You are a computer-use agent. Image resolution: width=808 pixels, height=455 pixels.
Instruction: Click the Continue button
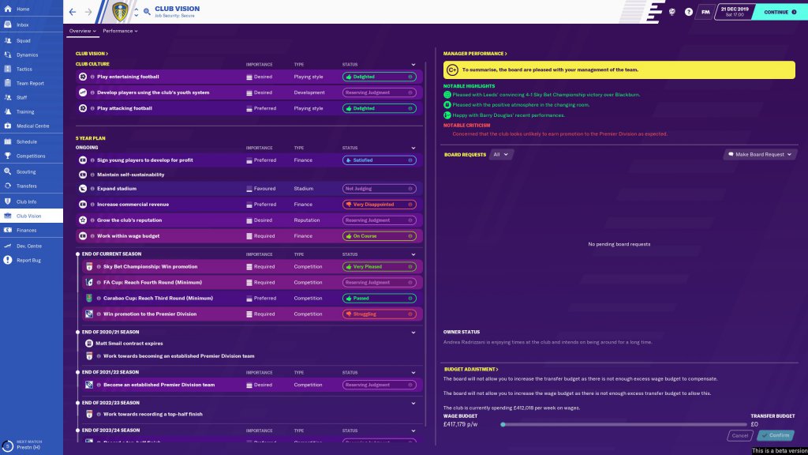coord(779,13)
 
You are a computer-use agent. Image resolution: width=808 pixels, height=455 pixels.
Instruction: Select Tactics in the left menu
coord(24,69)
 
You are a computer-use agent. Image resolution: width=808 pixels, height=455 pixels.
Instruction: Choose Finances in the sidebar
coord(26,230)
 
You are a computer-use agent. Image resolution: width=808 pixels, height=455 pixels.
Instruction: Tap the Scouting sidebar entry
coord(26,171)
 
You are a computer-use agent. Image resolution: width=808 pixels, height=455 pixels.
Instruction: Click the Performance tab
coord(119,31)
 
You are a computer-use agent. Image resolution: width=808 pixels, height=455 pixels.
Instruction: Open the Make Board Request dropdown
coord(758,154)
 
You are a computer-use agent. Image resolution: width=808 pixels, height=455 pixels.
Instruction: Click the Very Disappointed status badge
coord(378,205)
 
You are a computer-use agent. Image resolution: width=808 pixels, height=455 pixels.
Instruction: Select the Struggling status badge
coord(378,314)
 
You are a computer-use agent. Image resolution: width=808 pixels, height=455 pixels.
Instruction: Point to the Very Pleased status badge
coord(378,266)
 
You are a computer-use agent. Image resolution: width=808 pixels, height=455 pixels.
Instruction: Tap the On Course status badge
coord(378,236)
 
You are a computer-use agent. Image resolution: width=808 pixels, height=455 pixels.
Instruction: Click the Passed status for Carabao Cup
coord(378,298)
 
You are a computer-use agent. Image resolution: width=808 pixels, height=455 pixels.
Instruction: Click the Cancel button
coord(739,435)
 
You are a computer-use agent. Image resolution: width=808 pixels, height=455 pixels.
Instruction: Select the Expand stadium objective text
coord(117,189)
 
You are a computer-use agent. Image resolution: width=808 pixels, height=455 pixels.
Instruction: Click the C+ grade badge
coord(453,70)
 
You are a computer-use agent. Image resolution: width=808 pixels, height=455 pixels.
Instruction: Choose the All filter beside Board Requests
coord(500,154)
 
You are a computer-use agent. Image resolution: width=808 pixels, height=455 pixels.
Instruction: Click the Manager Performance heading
coord(474,54)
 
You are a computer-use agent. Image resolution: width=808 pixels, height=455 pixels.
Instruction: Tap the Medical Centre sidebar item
coord(32,126)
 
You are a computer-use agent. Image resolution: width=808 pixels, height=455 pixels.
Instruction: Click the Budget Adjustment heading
coord(470,369)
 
